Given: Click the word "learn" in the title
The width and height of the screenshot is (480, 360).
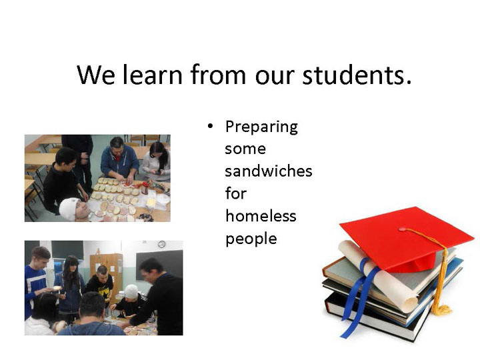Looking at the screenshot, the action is point(152,75).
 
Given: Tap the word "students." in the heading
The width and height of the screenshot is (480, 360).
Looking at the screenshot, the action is point(357,75).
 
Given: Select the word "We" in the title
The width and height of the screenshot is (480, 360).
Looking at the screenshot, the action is point(96,75).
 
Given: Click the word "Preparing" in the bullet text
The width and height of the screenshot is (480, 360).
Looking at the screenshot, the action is point(261,127).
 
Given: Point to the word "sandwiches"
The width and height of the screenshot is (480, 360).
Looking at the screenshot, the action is point(269,171).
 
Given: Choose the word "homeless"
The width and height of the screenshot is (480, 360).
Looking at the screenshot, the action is point(261,216).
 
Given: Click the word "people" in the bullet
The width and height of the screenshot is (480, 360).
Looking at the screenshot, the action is point(251,239).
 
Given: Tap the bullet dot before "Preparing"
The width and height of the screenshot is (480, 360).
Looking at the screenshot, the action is point(210,126).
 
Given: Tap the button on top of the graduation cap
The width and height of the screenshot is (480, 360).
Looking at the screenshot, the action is point(402,229).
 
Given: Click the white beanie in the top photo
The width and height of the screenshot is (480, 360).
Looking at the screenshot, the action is point(69,209).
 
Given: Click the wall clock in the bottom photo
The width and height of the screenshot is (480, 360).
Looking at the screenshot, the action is point(161,244).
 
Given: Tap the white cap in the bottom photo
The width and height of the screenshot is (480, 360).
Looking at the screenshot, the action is point(131,291).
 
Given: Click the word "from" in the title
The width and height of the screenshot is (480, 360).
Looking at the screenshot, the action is point(218,75).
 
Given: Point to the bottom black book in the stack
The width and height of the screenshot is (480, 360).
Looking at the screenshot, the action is point(377,319).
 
